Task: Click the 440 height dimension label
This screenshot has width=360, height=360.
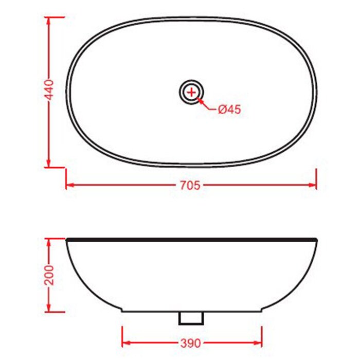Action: [49, 92]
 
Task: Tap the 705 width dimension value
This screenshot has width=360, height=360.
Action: [190, 185]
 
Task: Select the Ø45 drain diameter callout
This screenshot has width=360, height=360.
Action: [229, 109]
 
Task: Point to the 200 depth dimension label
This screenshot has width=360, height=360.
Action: [49, 275]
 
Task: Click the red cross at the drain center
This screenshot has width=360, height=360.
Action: [191, 92]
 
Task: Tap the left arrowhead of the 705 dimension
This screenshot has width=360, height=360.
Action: [69, 185]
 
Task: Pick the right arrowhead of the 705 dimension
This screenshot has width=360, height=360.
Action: [313, 185]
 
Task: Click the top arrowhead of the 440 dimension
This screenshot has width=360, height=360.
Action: [48, 20]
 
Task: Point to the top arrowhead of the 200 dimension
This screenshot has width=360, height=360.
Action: [48, 242]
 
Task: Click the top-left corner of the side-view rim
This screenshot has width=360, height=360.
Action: [67, 240]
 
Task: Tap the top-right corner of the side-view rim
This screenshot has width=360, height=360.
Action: [315, 240]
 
